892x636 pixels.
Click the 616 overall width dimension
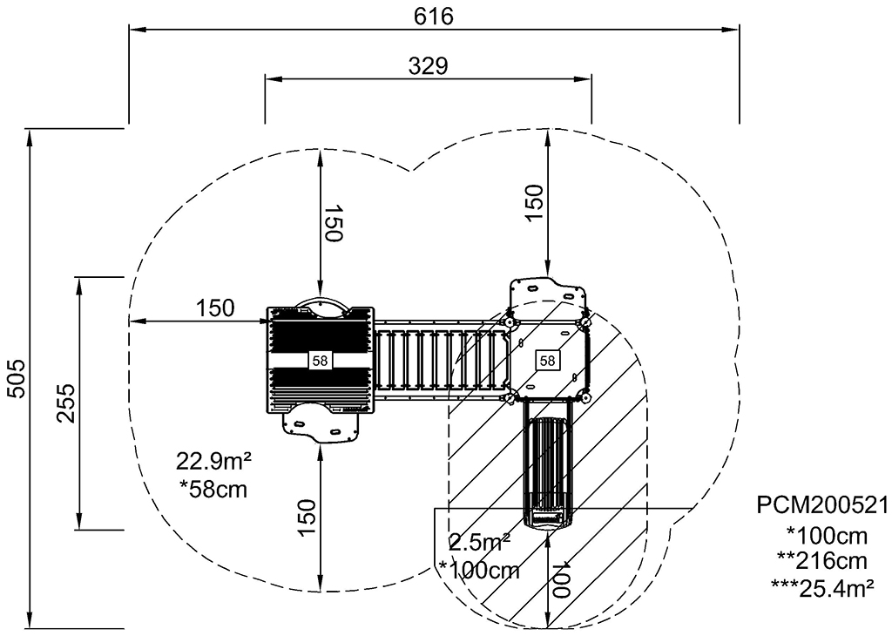click(434, 17)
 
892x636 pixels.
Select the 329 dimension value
click(429, 66)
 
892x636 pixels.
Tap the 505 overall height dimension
click(17, 378)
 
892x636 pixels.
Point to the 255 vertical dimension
click(65, 403)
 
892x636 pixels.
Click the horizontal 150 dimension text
click(215, 308)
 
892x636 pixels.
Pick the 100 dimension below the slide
click(562, 579)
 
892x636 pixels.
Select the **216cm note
click(822, 561)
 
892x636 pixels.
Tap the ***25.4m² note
click(822, 587)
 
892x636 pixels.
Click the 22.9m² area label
click(213, 461)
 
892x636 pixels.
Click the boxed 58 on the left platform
click(321, 360)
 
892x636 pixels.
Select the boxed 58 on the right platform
click(547, 360)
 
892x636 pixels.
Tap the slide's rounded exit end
click(547, 518)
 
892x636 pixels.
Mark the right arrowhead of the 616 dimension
click(732, 29)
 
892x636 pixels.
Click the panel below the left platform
click(321, 422)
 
